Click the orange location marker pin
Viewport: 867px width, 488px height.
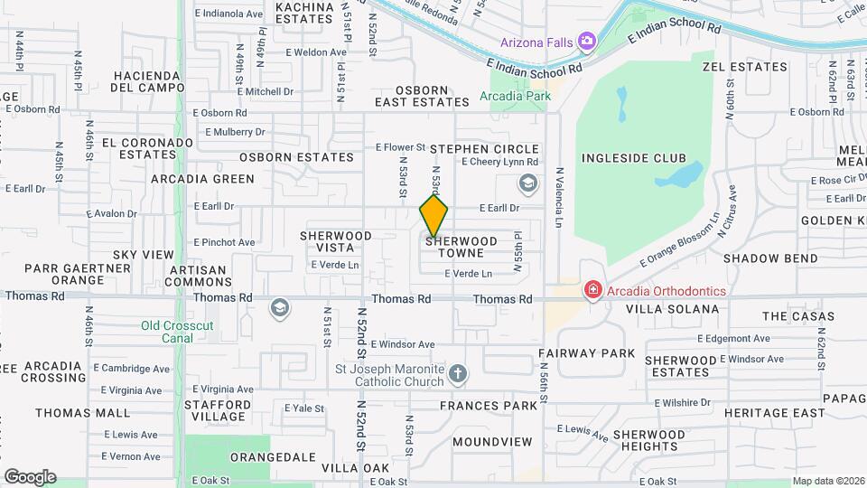click(433, 216)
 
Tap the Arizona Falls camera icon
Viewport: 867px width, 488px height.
click(587, 41)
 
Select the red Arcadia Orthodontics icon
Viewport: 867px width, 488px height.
click(592, 290)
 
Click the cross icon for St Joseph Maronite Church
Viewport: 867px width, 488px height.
click(459, 373)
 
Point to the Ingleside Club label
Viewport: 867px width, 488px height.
click(633, 158)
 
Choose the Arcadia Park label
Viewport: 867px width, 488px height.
click(515, 96)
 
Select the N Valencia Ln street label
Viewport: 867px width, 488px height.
click(560, 197)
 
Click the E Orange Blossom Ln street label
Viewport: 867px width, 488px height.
click(679, 239)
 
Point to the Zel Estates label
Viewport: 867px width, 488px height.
click(745, 67)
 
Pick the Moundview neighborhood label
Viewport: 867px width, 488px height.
click(492, 442)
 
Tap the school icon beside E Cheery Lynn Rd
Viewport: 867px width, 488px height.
click(527, 184)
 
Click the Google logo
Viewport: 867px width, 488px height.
click(30, 476)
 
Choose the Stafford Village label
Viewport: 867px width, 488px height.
click(218, 411)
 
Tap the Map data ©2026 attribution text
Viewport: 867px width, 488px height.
click(827, 481)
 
